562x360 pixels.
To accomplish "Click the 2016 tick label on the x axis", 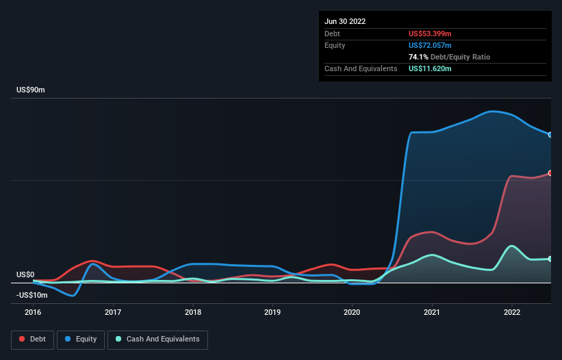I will click(33, 312).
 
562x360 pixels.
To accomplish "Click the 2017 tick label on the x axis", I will click(113, 312).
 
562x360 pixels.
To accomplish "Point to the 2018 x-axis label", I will click(192, 312).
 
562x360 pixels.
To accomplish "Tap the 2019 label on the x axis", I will click(272, 312).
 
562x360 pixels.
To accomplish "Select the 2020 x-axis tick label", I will click(352, 312).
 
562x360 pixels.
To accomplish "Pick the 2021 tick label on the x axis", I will click(432, 312).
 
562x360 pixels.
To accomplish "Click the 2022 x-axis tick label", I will click(511, 312).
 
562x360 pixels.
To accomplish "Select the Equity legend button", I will click(81, 339).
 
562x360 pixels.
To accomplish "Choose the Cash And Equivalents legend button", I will click(157, 339).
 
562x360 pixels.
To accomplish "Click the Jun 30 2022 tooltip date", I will click(345, 21).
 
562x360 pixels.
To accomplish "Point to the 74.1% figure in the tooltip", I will click(418, 57).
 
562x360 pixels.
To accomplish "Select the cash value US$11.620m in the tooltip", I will click(430, 68).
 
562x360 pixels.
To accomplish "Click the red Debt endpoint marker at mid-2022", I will click(550, 173).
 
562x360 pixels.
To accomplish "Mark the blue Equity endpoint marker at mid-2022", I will click(550, 134).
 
